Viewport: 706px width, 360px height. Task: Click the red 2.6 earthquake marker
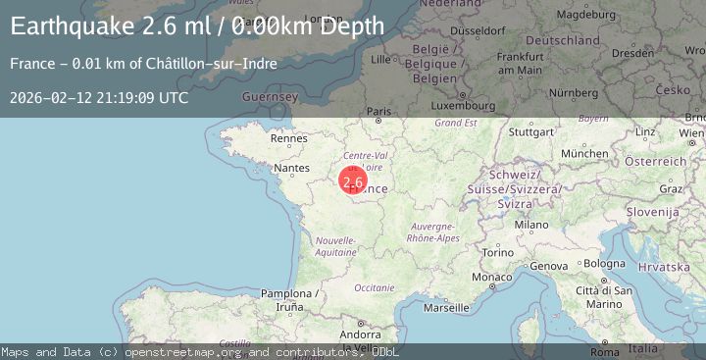[353, 181]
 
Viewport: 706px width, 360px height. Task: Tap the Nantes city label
[292, 169]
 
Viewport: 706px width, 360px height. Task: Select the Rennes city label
[288, 139]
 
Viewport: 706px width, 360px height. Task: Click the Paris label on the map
[379, 113]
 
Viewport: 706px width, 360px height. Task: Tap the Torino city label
[497, 253]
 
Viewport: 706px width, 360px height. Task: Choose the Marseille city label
[447, 307]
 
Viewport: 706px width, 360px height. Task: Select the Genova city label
[548, 266]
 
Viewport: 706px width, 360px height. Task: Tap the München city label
[584, 154]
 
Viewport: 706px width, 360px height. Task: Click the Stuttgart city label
[532, 131]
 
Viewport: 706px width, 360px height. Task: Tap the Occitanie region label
[374, 287]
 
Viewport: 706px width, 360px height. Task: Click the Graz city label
[671, 188]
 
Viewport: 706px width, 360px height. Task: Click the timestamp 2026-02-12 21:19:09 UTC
[99, 98]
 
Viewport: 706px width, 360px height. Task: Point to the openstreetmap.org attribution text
[181, 352]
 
